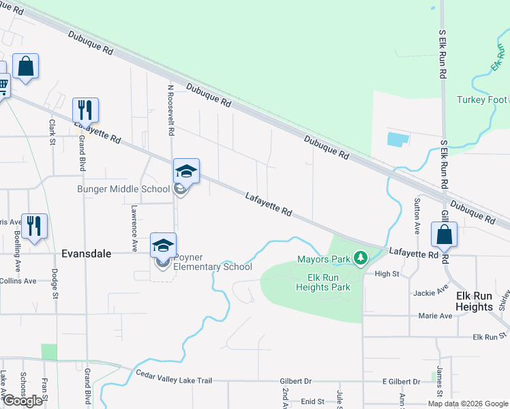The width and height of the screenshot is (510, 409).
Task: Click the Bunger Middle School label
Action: [123, 189]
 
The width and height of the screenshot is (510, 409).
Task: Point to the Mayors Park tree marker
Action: [361, 258]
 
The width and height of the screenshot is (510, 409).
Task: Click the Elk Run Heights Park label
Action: [323, 282]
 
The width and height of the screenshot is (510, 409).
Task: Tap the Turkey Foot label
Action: [482, 100]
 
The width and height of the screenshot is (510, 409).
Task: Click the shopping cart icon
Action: [3, 86]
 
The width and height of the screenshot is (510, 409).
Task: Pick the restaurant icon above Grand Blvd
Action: [86, 110]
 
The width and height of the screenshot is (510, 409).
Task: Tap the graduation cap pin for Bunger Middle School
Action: [186, 171]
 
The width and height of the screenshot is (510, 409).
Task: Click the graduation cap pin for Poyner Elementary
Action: [163, 245]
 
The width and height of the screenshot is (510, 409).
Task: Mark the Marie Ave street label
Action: [436, 316]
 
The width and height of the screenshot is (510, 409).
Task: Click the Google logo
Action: [22, 401]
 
